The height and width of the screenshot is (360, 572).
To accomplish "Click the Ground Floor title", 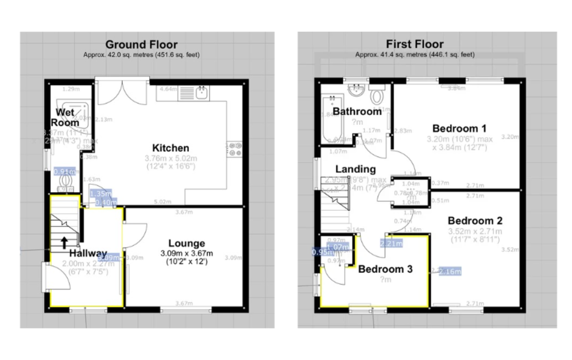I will [141, 45].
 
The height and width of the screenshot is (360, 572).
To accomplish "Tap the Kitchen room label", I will [171, 148].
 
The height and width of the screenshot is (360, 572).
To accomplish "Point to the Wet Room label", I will [65, 117].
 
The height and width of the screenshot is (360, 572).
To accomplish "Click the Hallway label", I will [88, 253].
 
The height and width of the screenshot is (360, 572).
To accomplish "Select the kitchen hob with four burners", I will [235, 149].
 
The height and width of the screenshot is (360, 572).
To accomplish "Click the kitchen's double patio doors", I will [123, 92].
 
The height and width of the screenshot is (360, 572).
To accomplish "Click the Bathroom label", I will [357, 112].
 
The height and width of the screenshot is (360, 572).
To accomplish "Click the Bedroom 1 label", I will [459, 128].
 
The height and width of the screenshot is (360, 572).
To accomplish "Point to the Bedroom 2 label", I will [475, 221].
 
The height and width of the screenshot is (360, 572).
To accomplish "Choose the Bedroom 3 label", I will [385, 269].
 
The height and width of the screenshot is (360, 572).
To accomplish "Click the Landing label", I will [355, 169].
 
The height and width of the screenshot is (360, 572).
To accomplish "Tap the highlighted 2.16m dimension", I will [450, 272].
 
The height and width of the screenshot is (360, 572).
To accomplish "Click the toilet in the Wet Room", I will [65, 181].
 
